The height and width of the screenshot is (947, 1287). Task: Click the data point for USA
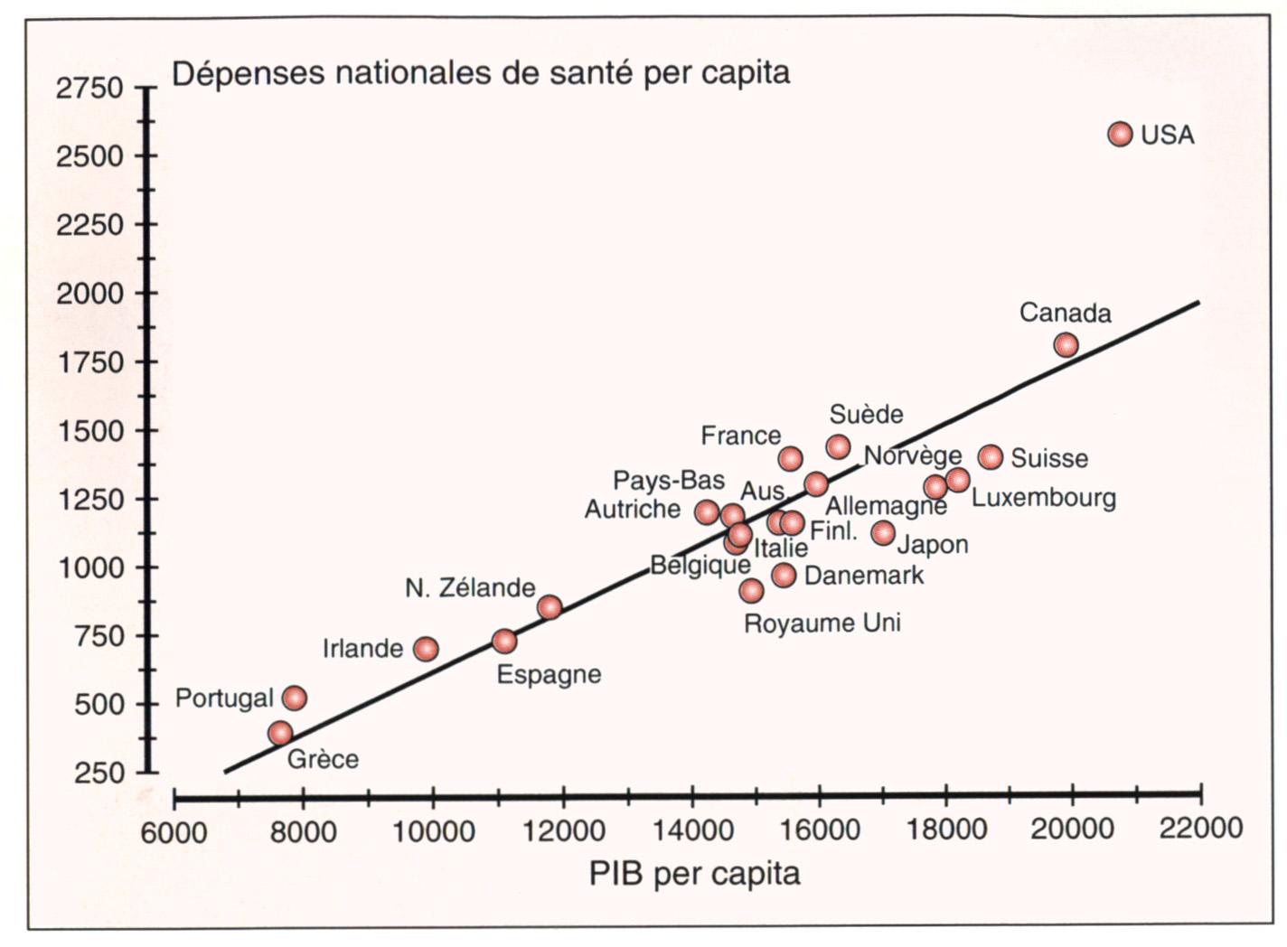[x=1120, y=134]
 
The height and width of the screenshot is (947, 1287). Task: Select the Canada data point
[x=1066, y=344]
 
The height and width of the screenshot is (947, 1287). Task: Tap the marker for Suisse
[x=991, y=456]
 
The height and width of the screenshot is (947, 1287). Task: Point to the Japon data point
[x=883, y=533]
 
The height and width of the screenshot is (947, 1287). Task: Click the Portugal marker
[x=295, y=698]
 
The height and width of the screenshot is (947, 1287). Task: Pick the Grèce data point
[x=280, y=733]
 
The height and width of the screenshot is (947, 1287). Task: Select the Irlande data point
[x=426, y=649]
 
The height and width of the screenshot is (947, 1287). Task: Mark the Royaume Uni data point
[x=751, y=591]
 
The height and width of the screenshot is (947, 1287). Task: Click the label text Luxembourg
[x=1043, y=498]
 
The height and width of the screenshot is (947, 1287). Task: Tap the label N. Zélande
[x=470, y=588]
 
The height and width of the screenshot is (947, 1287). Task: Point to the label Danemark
[x=864, y=576]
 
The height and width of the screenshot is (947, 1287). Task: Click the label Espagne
[x=549, y=675]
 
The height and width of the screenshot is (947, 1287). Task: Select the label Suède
[x=866, y=415]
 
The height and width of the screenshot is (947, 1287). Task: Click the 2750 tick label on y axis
[x=89, y=89]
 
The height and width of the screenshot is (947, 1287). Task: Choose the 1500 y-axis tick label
[x=89, y=431]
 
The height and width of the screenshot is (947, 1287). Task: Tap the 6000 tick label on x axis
[x=174, y=830]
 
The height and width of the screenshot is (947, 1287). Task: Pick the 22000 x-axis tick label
[x=1201, y=829]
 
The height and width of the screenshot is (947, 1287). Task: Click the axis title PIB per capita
[x=694, y=874]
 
